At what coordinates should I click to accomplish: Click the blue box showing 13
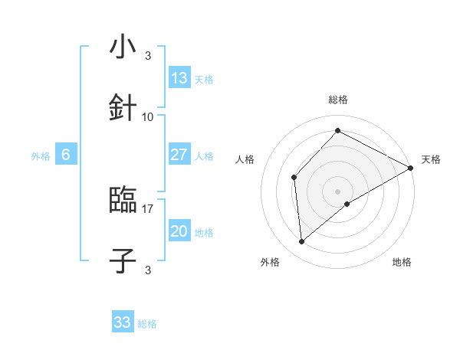[179, 78]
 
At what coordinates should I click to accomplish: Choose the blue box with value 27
[179, 155]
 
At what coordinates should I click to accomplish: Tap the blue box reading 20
[179, 231]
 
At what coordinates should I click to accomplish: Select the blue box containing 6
[66, 155]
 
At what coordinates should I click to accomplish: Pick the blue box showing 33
[123, 322]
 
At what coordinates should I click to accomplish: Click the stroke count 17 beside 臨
[148, 208]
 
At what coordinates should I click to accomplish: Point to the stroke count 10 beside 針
[148, 116]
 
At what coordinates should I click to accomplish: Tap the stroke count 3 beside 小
[148, 56]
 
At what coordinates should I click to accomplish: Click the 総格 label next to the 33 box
[147, 324]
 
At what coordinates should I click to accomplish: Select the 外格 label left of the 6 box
[41, 156]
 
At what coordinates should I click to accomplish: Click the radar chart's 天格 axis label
[431, 159]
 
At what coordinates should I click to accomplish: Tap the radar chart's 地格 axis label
[402, 263]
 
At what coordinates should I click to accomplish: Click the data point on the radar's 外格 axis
[302, 242]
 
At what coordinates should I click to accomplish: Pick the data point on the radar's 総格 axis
[337, 130]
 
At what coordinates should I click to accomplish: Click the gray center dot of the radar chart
[337, 191]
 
